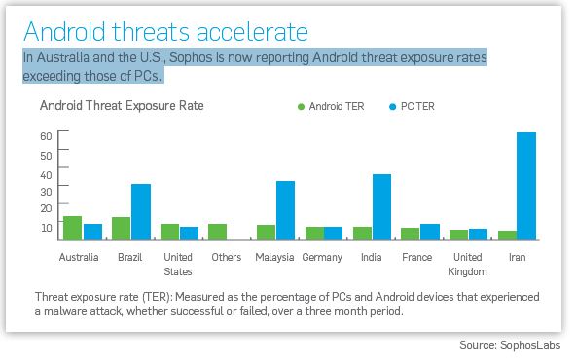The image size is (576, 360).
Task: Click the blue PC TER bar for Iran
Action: point(526,186)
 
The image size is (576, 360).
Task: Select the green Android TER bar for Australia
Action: point(72,228)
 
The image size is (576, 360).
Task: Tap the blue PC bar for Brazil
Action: point(141,212)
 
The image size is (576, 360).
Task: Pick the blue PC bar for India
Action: point(381,207)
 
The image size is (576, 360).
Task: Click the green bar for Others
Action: point(218,232)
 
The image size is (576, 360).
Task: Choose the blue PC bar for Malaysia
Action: point(285,210)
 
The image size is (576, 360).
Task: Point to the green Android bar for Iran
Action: point(507,235)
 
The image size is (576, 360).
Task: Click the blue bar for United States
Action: point(189,234)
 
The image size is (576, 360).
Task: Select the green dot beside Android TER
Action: point(301,107)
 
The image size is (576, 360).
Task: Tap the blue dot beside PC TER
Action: point(393,107)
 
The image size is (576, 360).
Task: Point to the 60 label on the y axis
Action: point(46,136)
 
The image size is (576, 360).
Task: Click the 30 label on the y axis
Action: point(46,192)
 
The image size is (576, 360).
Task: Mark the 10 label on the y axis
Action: point(47,228)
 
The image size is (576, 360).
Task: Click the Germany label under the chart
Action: point(322,258)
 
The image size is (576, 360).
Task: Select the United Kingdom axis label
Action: point(467,264)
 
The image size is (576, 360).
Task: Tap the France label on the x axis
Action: point(417,257)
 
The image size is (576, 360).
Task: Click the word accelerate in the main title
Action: point(252,31)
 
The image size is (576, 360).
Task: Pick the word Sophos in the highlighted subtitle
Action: point(191,57)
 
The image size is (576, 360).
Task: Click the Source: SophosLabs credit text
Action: point(510,345)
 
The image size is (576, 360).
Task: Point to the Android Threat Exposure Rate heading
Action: point(122,106)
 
